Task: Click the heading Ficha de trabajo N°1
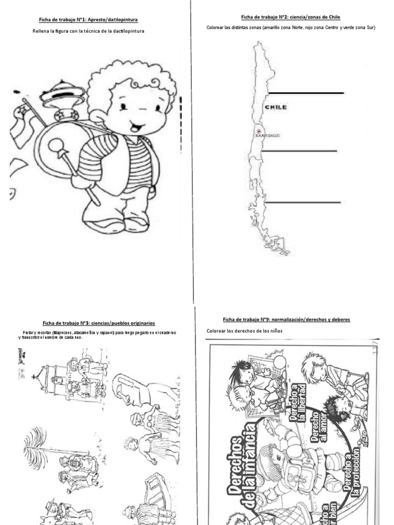click(88, 20)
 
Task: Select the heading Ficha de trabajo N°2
click(290, 17)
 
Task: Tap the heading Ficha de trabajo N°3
click(99, 323)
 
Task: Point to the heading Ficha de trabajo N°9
click(286, 319)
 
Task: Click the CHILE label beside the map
click(275, 107)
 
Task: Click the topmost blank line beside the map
click(306, 93)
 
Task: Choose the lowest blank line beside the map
click(303, 202)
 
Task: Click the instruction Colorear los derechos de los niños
click(245, 331)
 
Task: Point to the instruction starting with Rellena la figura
click(88, 32)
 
